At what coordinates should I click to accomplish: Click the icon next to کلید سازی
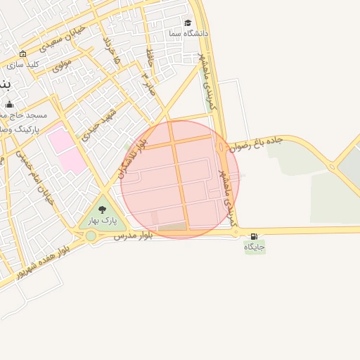(23, 54)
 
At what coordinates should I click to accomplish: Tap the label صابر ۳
(148, 82)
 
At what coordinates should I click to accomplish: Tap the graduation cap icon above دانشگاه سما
(188, 22)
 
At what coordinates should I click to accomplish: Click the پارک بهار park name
(101, 221)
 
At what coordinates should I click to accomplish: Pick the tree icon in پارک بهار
(103, 210)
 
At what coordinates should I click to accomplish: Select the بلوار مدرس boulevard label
(133, 236)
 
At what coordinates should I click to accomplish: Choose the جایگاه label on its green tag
(255, 247)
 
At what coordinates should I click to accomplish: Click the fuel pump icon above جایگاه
(254, 236)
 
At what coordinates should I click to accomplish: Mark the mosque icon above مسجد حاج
(9, 105)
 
